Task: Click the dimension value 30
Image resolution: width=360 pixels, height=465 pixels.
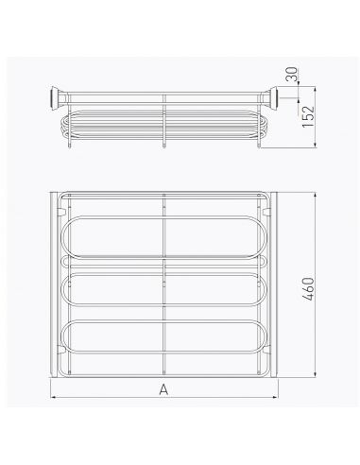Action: (x=293, y=74)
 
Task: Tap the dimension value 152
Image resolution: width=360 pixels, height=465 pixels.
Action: (x=308, y=116)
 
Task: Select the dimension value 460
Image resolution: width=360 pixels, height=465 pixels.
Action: (x=308, y=289)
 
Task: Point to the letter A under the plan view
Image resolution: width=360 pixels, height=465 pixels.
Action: (x=163, y=389)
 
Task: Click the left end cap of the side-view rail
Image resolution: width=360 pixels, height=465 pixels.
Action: (x=57, y=98)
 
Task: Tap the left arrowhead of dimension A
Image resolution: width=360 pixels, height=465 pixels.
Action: (x=53, y=397)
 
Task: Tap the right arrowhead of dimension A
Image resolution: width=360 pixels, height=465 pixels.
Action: (x=275, y=397)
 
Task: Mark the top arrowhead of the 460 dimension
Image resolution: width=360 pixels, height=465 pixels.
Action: (x=315, y=197)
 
